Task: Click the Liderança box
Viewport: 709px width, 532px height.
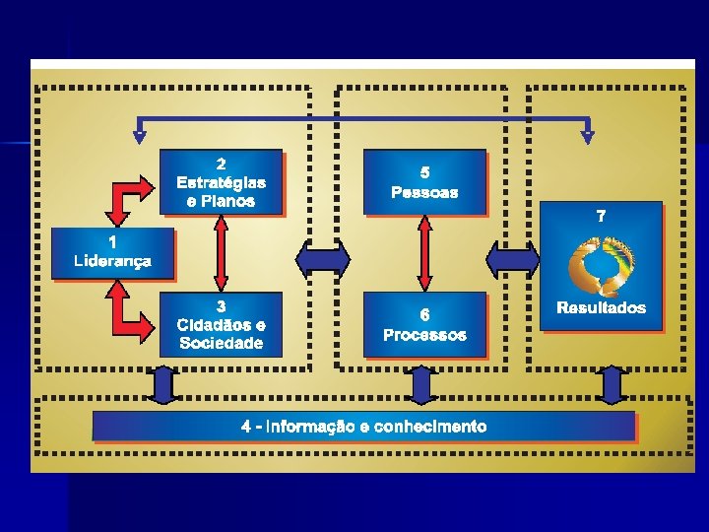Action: [x=112, y=253]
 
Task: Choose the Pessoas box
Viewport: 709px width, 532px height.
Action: [x=424, y=182]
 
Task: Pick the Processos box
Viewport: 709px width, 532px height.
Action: [x=424, y=325]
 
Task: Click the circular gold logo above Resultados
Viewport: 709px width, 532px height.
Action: [x=602, y=264]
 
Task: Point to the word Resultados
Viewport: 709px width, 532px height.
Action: [x=602, y=307]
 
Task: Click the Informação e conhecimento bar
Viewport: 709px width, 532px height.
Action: [x=363, y=427]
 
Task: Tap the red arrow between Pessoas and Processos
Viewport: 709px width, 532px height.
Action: [x=424, y=253]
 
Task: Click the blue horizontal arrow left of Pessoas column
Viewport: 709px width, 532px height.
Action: [x=323, y=259]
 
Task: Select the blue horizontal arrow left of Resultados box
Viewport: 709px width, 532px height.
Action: [x=512, y=259]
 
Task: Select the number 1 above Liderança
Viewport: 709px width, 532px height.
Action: [x=112, y=241]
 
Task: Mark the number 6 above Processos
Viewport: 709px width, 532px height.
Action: [x=424, y=315]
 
